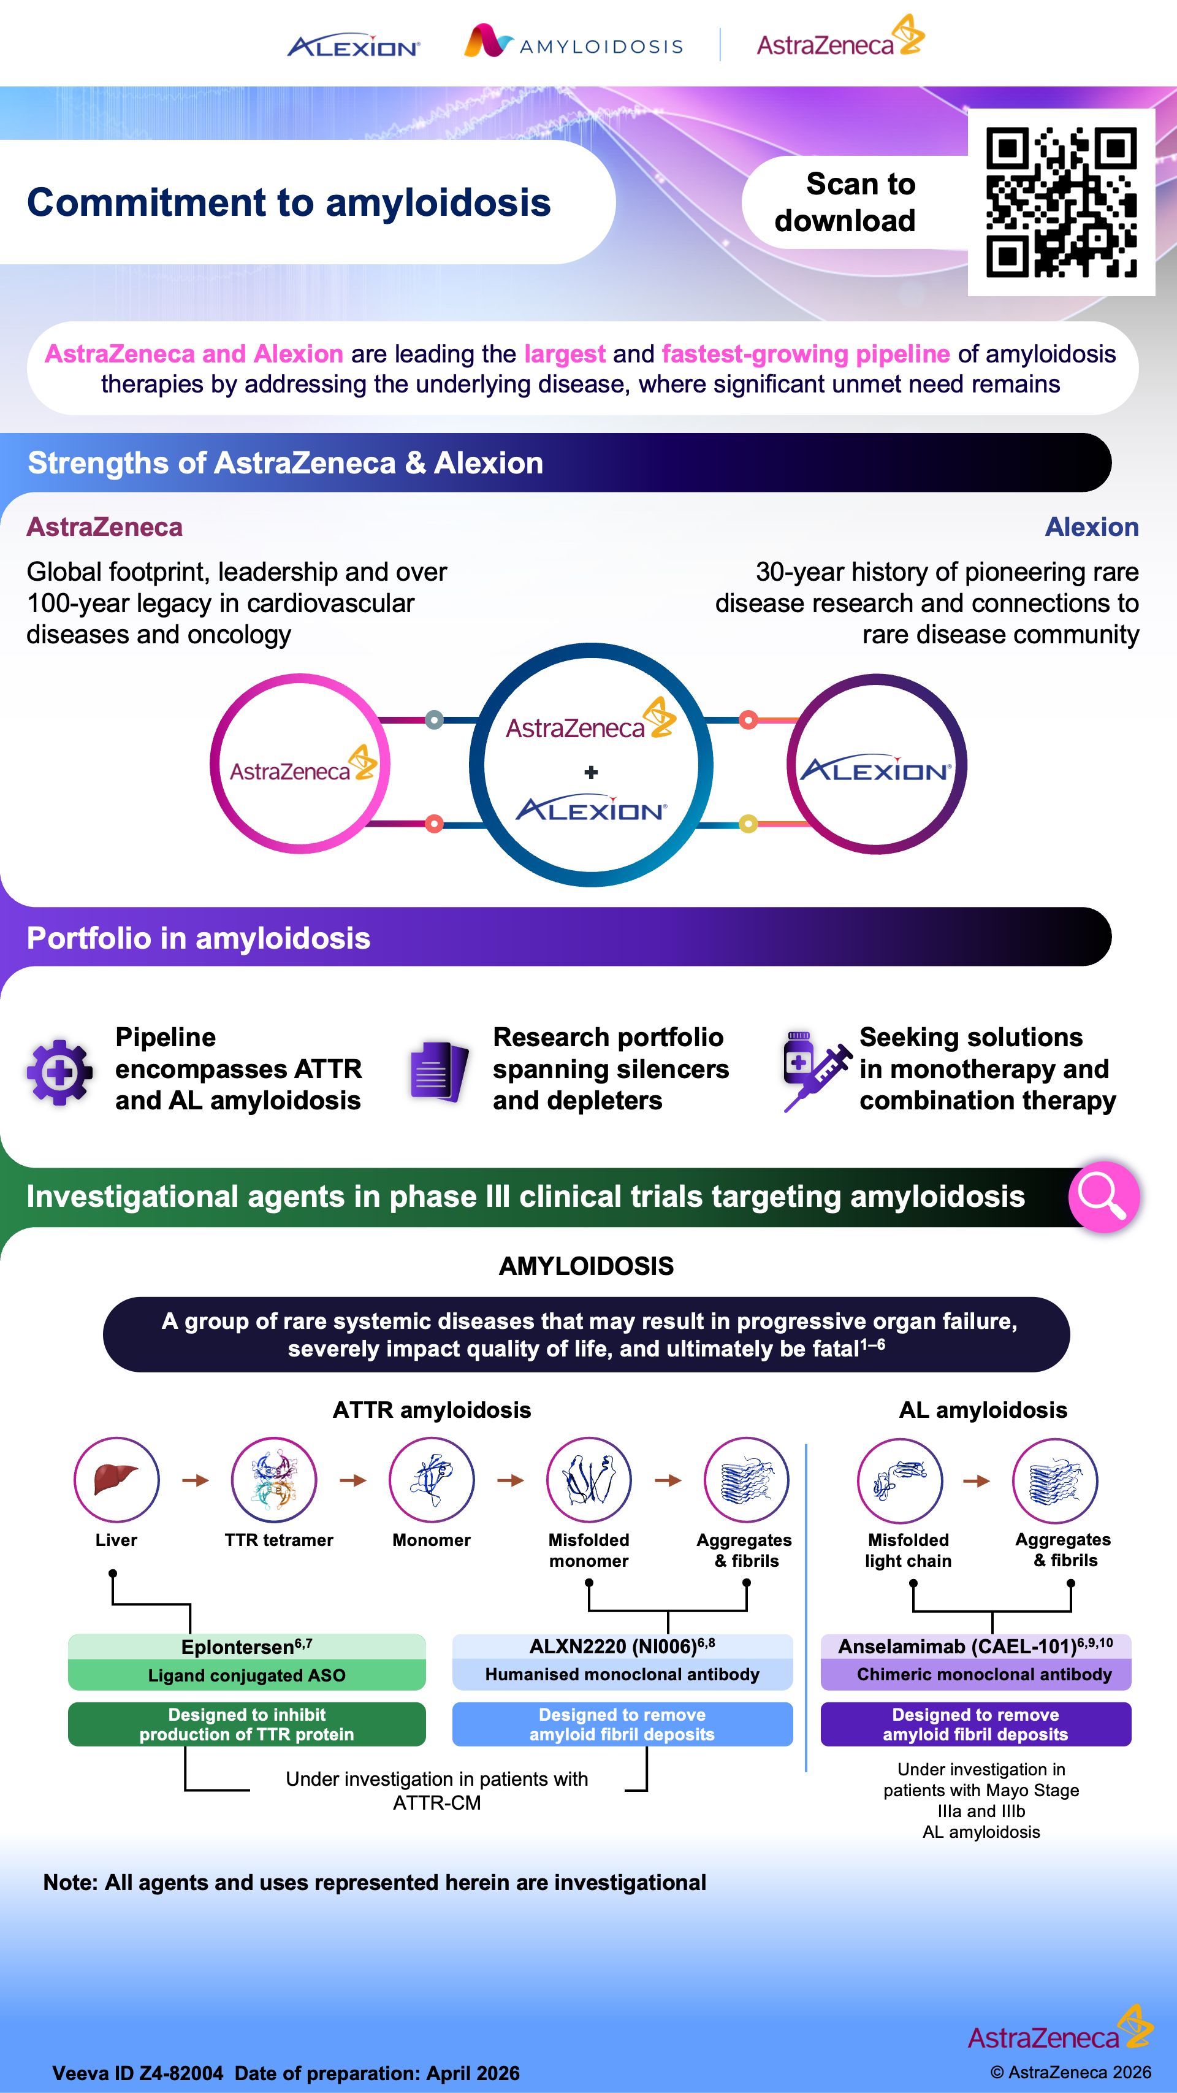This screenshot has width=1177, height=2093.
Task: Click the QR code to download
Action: [1061, 202]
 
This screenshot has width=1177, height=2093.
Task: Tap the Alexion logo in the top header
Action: [353, 47]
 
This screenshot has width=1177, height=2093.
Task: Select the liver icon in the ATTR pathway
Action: [116, 1480]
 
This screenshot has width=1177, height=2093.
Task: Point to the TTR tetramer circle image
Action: [274, 1480]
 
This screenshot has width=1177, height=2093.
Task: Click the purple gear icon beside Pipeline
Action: [58, 1072]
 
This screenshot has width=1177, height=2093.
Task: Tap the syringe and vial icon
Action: [815, 1070]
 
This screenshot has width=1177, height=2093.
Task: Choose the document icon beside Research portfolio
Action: [439, 1071]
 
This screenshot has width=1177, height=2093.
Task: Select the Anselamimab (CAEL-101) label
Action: [975, 1646]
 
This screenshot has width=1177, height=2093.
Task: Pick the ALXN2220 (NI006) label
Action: [622, 1646]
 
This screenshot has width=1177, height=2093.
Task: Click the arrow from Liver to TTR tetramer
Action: [195, 1480]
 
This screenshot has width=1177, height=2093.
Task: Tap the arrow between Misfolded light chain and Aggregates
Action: [977, 1480]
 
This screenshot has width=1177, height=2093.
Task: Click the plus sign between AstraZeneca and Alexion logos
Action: [592, 772]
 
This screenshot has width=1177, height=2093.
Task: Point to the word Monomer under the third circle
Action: [432, 1540]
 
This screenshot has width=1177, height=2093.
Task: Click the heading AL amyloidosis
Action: [983, 1410]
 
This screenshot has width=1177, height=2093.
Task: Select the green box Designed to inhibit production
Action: [247, 1724]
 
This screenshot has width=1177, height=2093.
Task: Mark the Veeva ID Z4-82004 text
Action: [137, 2073]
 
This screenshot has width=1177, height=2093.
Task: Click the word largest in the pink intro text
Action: [565, 354]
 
